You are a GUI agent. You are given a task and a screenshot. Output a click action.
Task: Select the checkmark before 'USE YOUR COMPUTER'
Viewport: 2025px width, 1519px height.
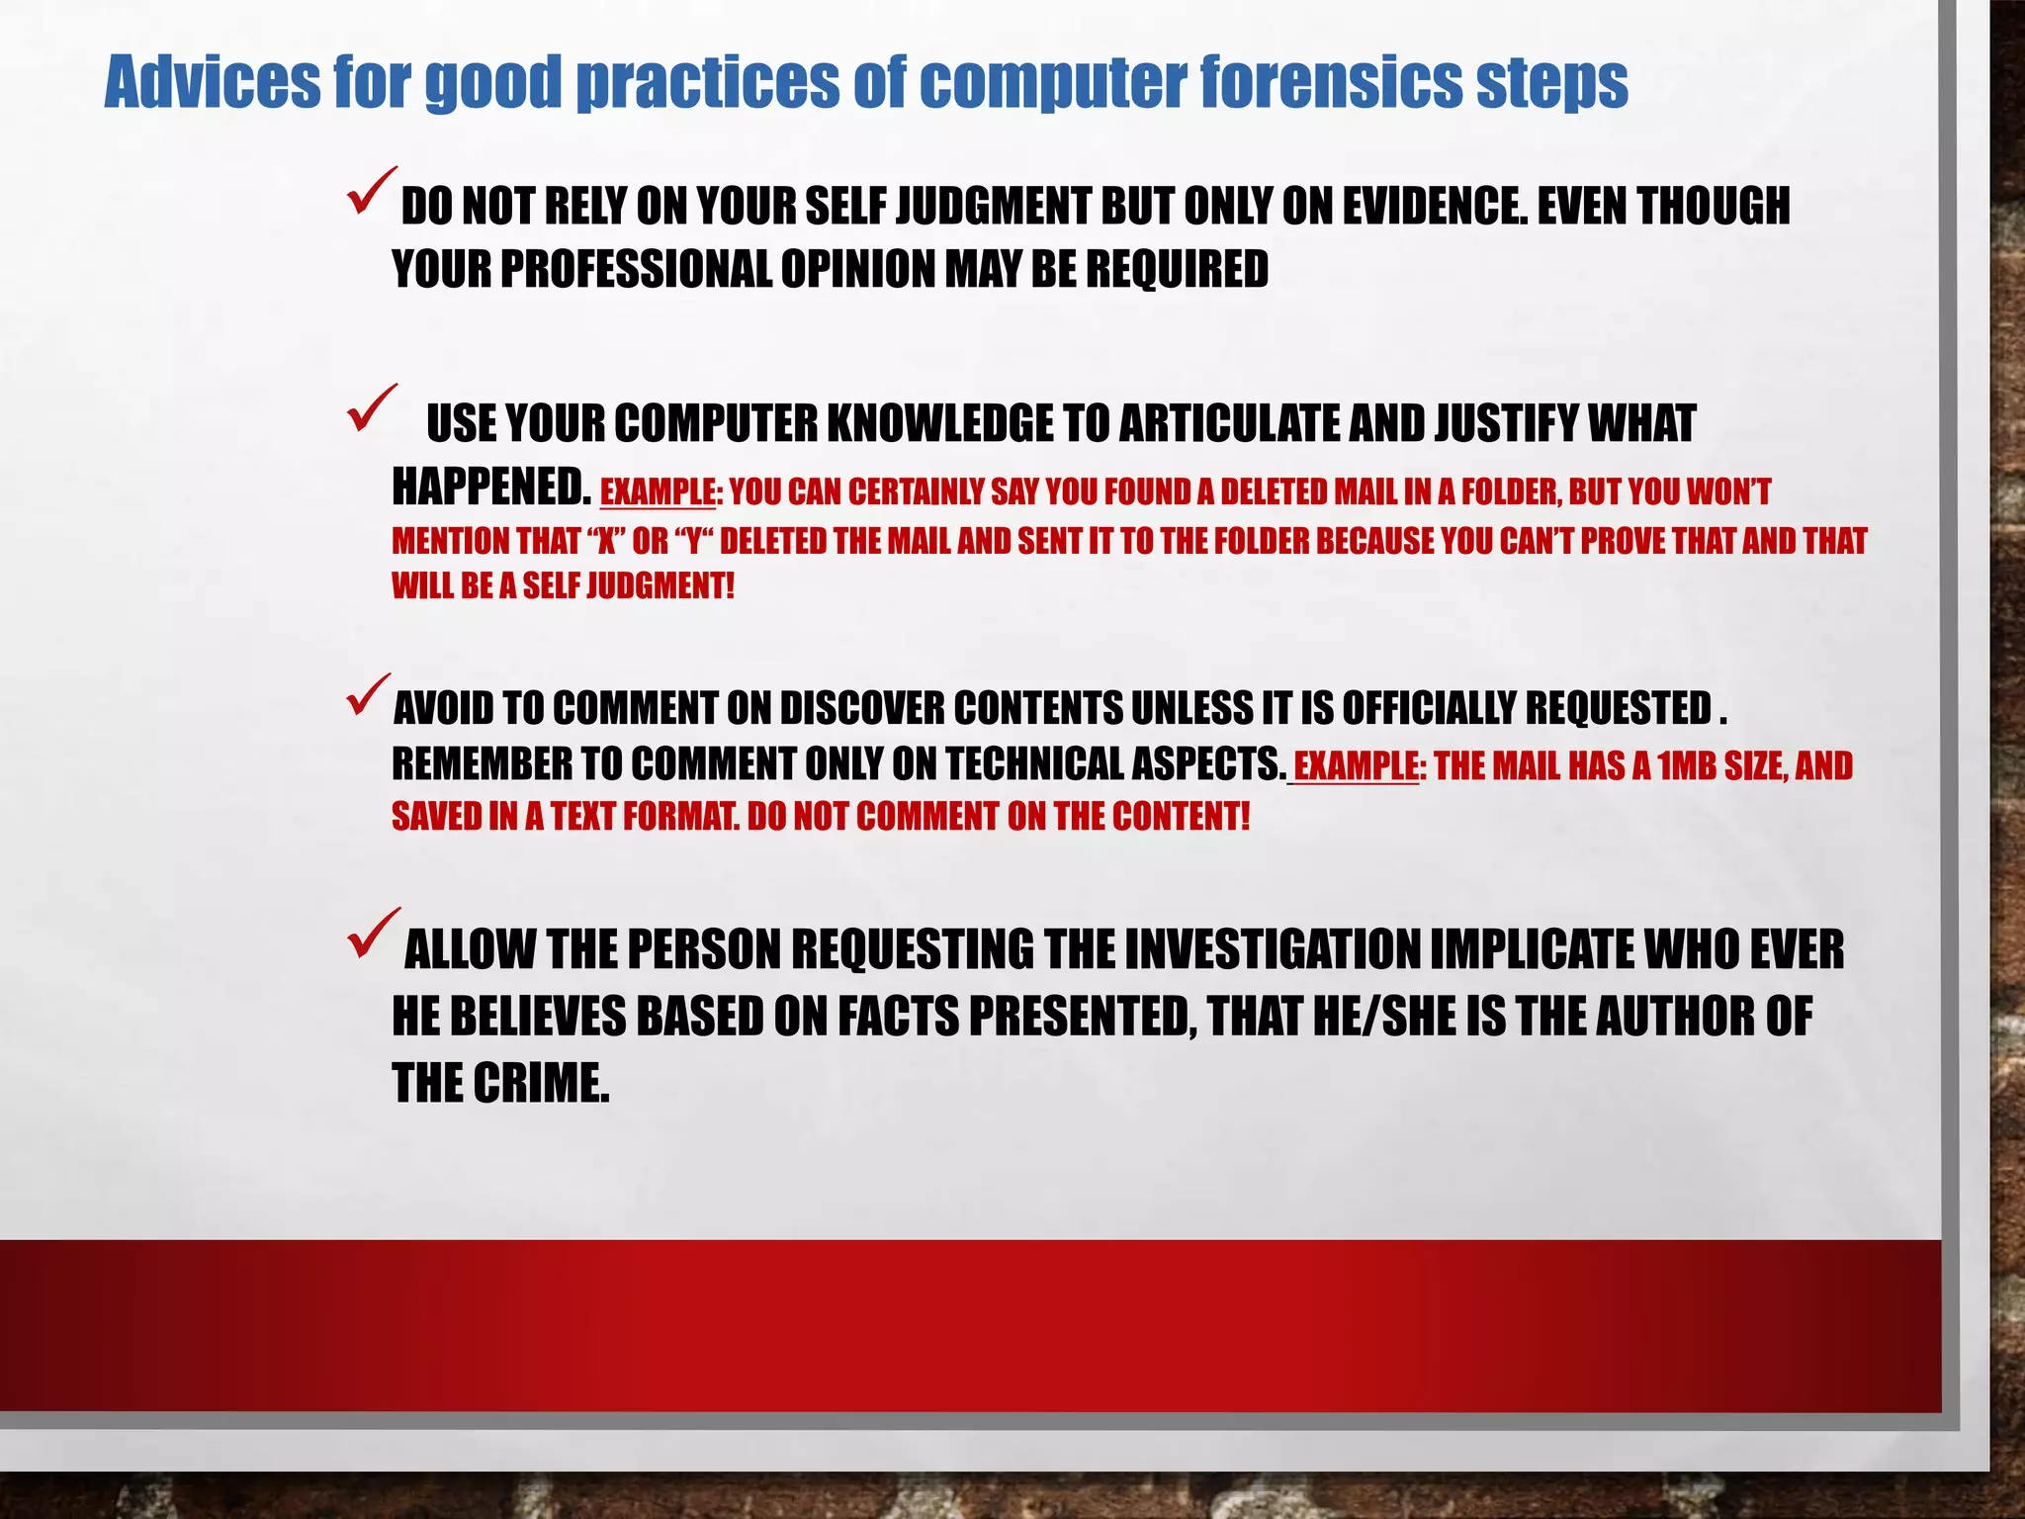click(371, 408)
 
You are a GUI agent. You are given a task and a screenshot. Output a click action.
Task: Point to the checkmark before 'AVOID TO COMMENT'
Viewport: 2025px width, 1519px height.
click(369, 695)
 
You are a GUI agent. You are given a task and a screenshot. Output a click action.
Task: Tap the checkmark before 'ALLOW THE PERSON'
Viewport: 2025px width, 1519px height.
click(373, 934)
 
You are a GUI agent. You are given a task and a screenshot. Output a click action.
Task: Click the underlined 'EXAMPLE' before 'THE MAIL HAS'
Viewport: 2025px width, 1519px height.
click(1356, 766)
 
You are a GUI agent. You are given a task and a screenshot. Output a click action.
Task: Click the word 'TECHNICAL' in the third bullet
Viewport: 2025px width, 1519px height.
click(1033, 764)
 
